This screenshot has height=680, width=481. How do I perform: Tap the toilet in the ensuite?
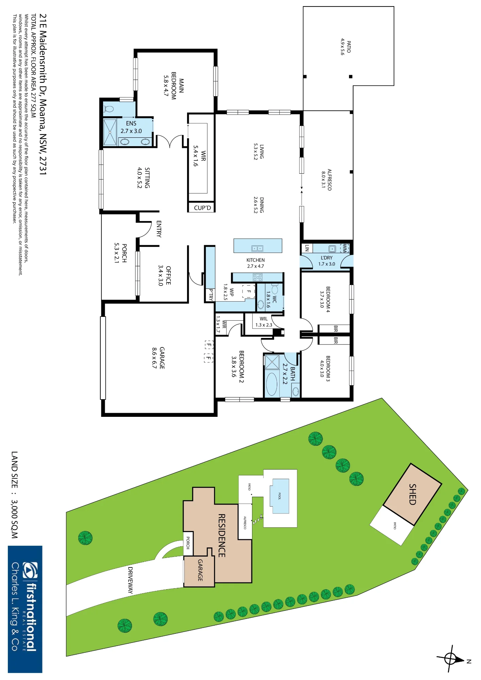point(109,109)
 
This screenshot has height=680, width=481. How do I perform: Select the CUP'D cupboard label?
point(202,208)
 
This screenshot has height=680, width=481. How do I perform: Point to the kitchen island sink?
point(257,249)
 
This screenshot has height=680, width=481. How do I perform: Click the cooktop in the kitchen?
point(258,277)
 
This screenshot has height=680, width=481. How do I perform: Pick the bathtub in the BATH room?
point(272,384)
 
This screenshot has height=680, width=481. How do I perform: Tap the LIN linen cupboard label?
point(307,248)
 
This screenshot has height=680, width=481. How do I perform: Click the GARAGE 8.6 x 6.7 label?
point(158,358)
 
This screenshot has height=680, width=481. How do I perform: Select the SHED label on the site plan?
point(412,494)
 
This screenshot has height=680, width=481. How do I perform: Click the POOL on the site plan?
point(280,496)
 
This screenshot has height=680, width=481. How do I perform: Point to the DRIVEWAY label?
point(130,580)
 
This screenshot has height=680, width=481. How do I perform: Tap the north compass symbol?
point(451,659)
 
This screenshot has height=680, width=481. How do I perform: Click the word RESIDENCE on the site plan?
point(221,535)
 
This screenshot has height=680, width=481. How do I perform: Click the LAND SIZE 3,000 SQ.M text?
point(14,495)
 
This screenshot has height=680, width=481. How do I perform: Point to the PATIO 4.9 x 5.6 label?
point(346,47)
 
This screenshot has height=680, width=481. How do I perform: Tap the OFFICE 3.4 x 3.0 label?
point(164,275)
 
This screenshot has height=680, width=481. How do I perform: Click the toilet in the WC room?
point(275,289)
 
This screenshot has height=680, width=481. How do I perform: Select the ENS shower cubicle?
point(110,132)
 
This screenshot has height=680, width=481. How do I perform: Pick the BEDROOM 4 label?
point(325,299)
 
